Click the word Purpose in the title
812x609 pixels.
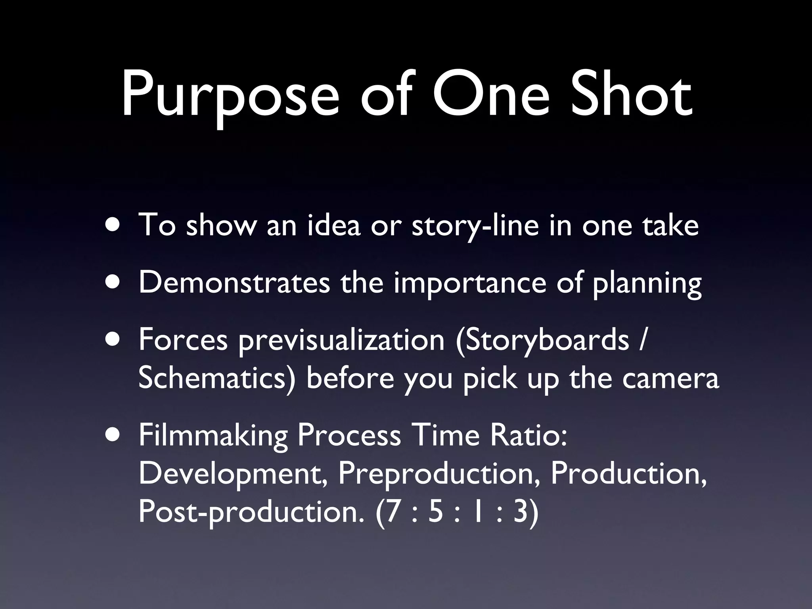click(230, 97)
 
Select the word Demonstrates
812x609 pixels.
click(234, 282)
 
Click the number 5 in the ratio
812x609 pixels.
click(436, 512)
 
